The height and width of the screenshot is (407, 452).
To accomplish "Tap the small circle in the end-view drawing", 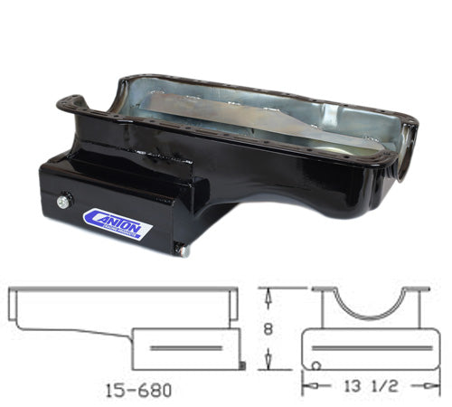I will (x=317, y=365).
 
